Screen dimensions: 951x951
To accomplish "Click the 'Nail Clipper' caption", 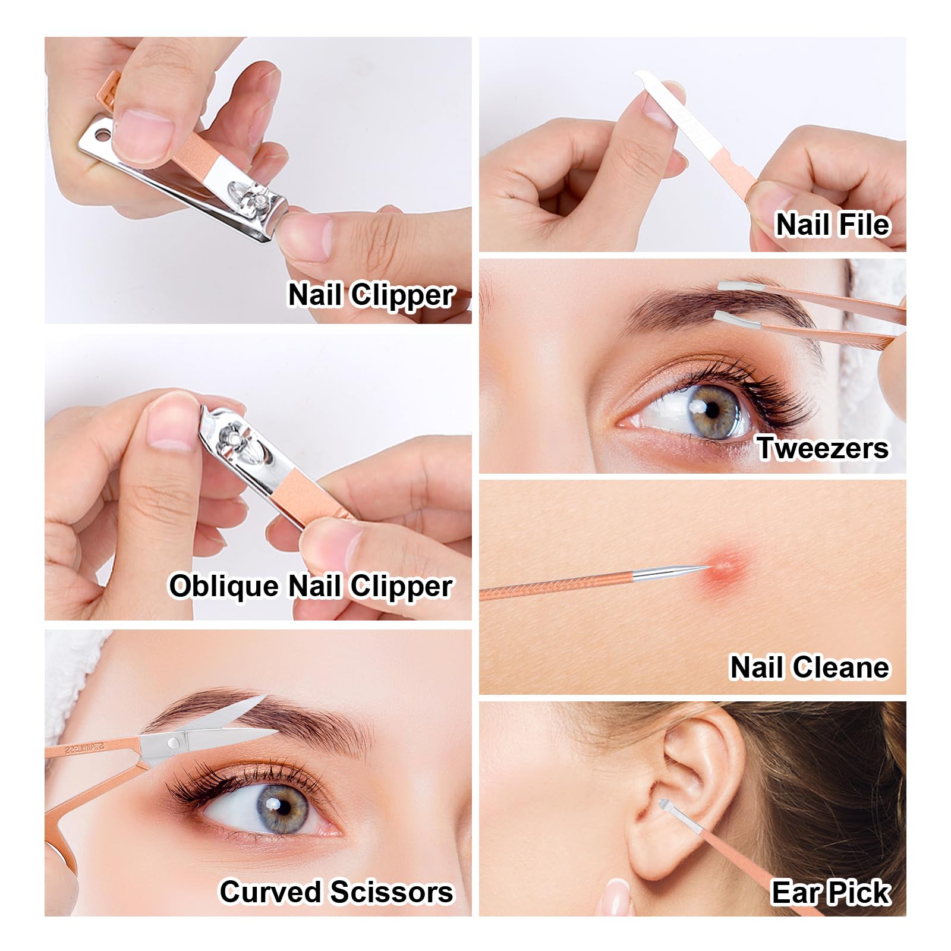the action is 371,295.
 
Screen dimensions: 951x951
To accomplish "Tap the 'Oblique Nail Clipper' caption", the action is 311,587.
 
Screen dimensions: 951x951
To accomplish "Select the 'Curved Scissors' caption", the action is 336,892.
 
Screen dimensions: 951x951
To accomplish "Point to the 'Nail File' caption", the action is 833,225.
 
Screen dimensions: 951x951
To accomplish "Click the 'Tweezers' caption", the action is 823,448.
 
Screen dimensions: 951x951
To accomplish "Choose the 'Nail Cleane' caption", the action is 810,667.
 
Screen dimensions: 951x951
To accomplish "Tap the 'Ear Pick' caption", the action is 831,892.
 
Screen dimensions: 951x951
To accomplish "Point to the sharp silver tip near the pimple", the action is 707,566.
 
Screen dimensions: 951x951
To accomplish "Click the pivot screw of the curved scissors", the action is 173,742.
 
